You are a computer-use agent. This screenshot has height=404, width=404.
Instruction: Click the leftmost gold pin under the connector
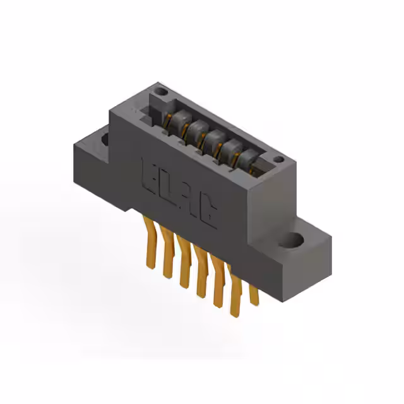(150, 234)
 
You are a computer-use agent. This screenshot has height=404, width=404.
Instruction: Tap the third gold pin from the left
(184, 265)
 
